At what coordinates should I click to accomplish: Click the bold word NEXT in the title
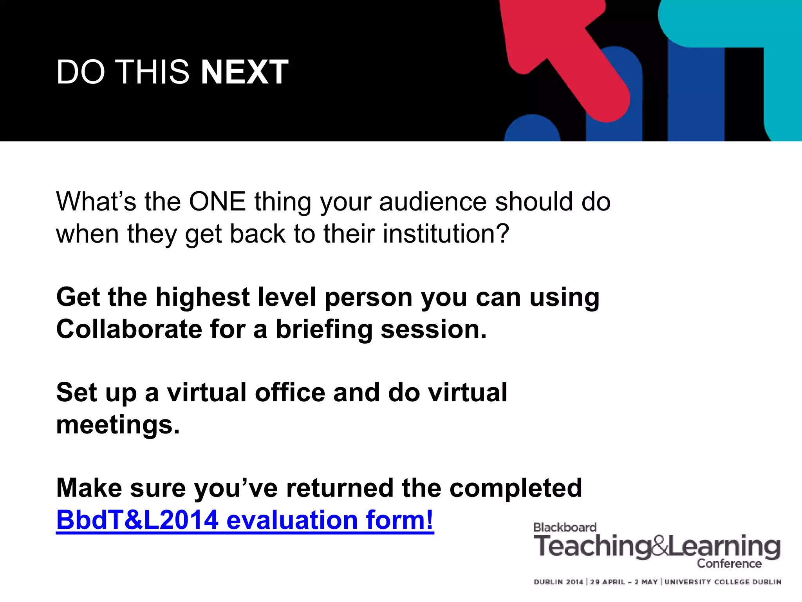(244, 72)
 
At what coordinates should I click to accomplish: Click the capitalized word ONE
(217, 202)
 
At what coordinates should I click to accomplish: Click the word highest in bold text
(202, 297)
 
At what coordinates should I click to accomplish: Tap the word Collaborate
(129, 329)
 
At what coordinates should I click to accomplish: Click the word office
(290, 393)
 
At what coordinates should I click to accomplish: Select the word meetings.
(118, 425)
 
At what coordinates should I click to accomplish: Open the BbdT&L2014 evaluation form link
(245, 520)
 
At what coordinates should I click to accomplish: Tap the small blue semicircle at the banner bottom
(532, 129)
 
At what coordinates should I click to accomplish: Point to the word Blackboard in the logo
(565, 528)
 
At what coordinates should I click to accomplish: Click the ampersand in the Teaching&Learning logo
(659, 547)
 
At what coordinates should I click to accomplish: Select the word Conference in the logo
(729, 564)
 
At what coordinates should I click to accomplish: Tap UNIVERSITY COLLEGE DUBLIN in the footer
(723, 582)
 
